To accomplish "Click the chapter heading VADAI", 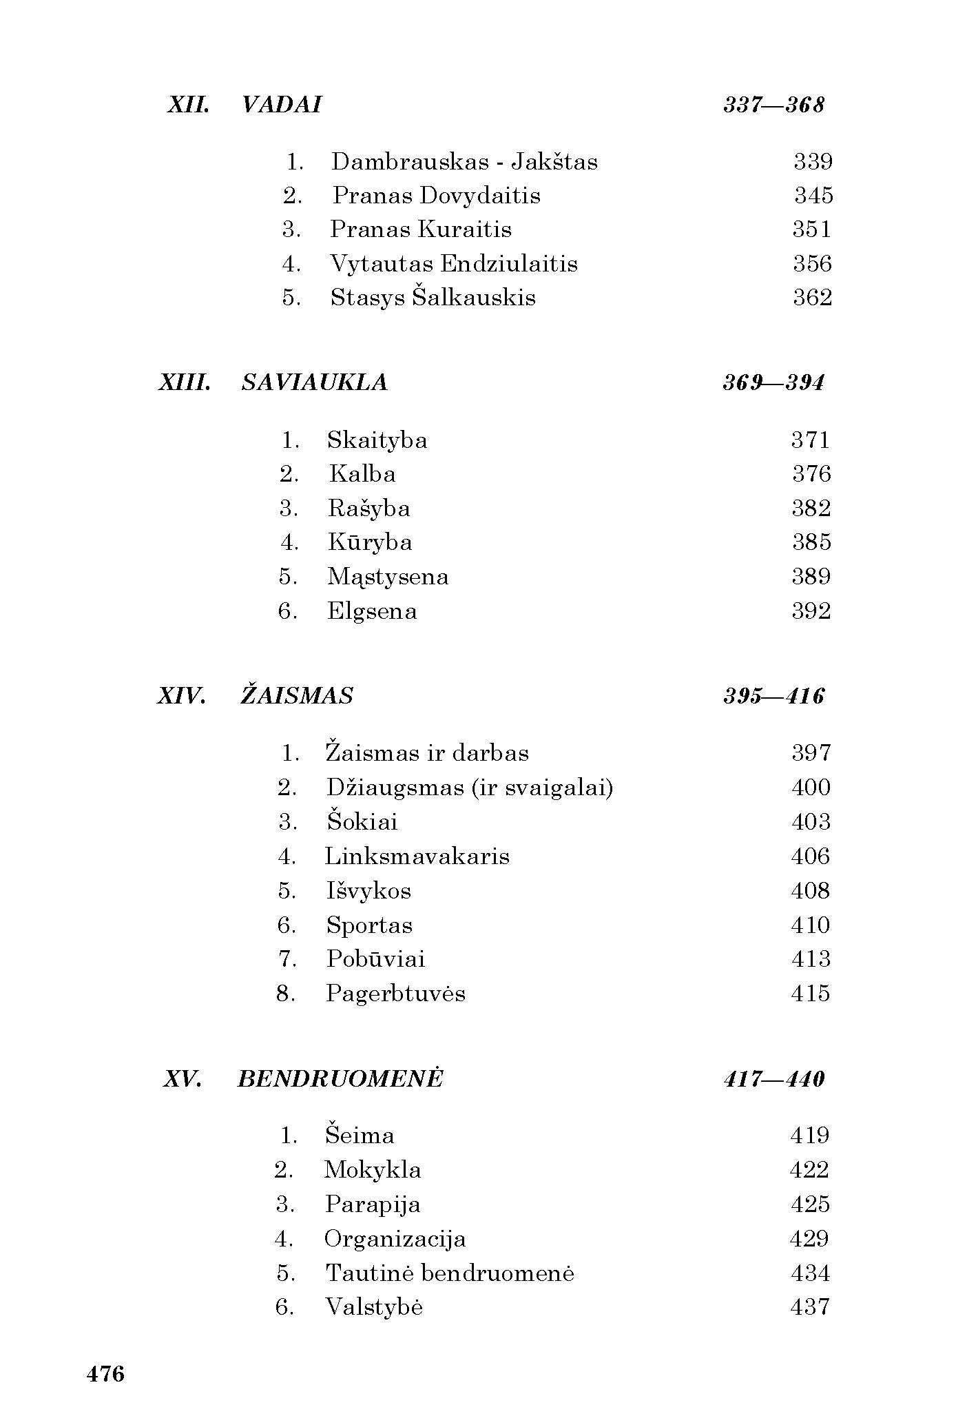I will point(282,105).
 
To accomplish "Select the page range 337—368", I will point(773,105).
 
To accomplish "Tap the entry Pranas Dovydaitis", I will point(436,196).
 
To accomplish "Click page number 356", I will point(812,264).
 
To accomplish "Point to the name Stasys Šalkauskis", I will point(433,298).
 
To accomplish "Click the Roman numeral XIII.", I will point(184,382).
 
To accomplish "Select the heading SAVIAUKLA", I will point(314,382).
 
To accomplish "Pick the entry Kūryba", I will point(370,542).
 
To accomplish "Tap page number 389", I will point(811,577).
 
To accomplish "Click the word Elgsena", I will point(371,611).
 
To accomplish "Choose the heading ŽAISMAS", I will point(296,696).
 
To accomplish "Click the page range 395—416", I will point(773,696).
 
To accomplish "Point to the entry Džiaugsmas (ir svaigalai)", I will point(469,788).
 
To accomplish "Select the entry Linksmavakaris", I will point(417,856).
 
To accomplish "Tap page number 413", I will point(810,959).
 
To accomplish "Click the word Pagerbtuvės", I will point(395,994).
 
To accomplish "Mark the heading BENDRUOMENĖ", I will point(340,1078).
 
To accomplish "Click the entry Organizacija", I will point(395,1239).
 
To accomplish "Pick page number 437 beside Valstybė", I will point(809,1307).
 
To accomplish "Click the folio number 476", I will point(105,1374).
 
